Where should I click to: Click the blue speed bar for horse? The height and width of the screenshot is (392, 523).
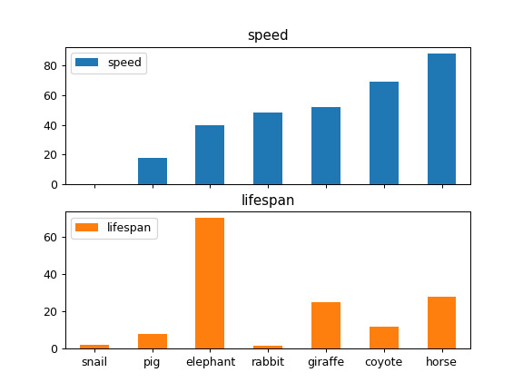click(x=441, y=119)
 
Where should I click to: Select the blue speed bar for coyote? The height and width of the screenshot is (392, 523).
click(x=383, y=133)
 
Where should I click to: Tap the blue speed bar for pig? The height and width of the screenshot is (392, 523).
click(x=153, y=171)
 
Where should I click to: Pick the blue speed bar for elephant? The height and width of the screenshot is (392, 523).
click(x=210, y=155)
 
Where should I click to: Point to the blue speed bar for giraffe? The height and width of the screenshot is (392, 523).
click(x=326, y=146)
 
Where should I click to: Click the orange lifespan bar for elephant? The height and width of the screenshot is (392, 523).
click(x=210, y=283)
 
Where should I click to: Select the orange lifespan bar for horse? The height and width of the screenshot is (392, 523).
click(x=441, y=323)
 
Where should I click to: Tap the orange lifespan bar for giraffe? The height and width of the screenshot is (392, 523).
click(x=326, y=326)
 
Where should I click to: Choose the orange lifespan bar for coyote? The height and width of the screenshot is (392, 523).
click(x=383, y=338)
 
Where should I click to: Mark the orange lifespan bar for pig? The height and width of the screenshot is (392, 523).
click(x=153, y=341)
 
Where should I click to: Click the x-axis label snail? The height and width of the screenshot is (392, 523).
click(x=94, y=362)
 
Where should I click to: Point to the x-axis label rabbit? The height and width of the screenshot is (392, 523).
click(x=268, y=362)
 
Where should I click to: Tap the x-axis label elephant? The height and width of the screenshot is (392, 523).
click(x=210, y=362)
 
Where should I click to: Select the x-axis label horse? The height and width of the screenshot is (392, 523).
click(x=441, y=362)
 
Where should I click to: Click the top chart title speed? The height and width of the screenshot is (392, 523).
click(x=268, y=35)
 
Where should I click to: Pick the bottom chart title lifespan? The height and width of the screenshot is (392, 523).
click(x=268, y=201)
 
